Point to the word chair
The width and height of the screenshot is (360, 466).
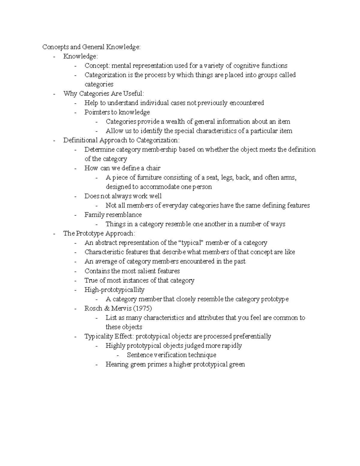coord(153,168)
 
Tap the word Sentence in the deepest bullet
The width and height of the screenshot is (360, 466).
coord(139,355)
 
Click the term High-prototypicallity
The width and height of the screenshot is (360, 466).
coord(114,290)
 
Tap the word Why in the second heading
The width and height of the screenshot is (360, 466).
coord(70,94)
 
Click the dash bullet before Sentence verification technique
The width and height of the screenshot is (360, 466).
coord(118,355)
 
